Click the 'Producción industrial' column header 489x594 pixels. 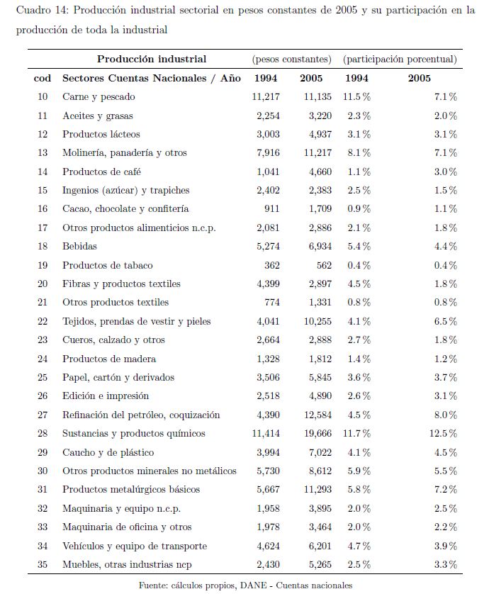[x=152, y=60]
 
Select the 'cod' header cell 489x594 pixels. [x=43, y=78]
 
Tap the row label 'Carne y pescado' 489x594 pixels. [x=99, y=97]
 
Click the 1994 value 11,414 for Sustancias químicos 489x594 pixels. [x=266, y=434]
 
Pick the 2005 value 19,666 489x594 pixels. [x=316, y=434]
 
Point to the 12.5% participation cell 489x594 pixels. [x=444, y=434]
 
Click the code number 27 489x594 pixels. [x=43, y=415]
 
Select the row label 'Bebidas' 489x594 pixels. [x=79, y=247]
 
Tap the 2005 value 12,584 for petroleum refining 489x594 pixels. [x=316, y=415]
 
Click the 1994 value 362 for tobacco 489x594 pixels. [x=274, y=265]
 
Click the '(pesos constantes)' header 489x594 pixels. [x=291, y=60]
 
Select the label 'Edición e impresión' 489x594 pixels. [x=106, y=396]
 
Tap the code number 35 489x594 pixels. [x=43, y=565]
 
